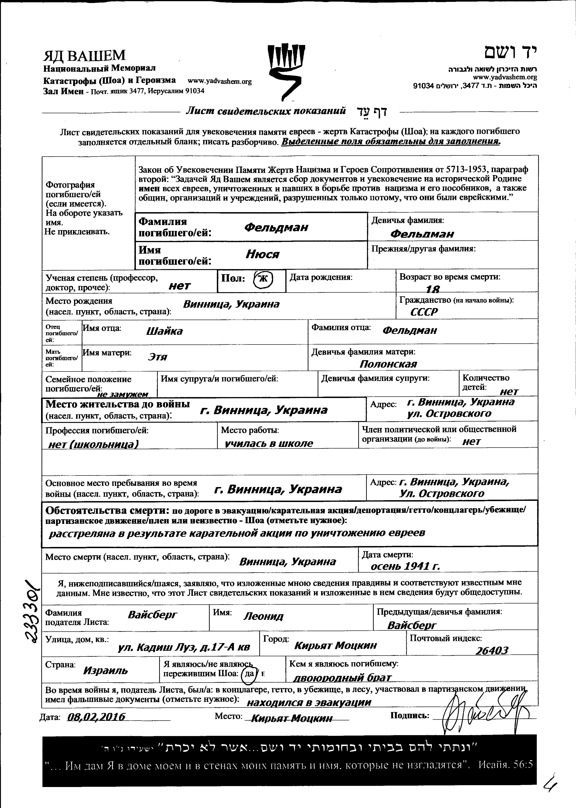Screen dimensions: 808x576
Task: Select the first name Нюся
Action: (263, 254)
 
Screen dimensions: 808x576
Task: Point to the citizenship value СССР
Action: (424, 312)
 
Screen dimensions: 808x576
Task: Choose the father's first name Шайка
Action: (164, 331)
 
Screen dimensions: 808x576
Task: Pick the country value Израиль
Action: (105, 670)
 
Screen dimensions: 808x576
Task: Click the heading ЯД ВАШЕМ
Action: (84, 56)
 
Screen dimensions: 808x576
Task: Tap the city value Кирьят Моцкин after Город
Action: (335, 645)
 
